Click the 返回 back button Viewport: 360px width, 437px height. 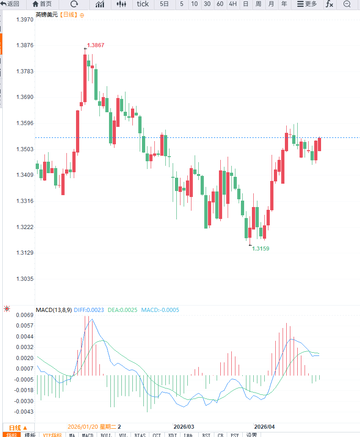tap(10, 4)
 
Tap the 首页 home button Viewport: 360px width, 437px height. tap(42, 4)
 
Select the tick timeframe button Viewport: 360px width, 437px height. tap(143, 4)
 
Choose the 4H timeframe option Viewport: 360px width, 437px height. tap(233, 4)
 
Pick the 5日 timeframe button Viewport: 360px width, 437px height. tap(164, 4)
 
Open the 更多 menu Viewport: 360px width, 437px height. tap(307, 4)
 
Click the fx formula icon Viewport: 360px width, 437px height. tap(329, 4)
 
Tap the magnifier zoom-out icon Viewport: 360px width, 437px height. tap(347, 4)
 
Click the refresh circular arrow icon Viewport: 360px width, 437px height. tap(74, 4)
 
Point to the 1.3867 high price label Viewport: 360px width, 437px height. tap(96, 45)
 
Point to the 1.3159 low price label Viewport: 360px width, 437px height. tap(261, 248)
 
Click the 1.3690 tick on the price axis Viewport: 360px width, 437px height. tap(25, 97)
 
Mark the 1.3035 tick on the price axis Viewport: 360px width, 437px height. tap(25, 279)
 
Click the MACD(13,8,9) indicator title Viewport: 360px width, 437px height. tap(54, 310)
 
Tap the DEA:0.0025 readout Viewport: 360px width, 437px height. tap(122, 310)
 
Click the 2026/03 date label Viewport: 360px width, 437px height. tap(184, 426)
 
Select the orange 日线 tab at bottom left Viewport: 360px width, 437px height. tap(18, 427)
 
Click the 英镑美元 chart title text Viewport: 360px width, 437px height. tap(47, 15)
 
